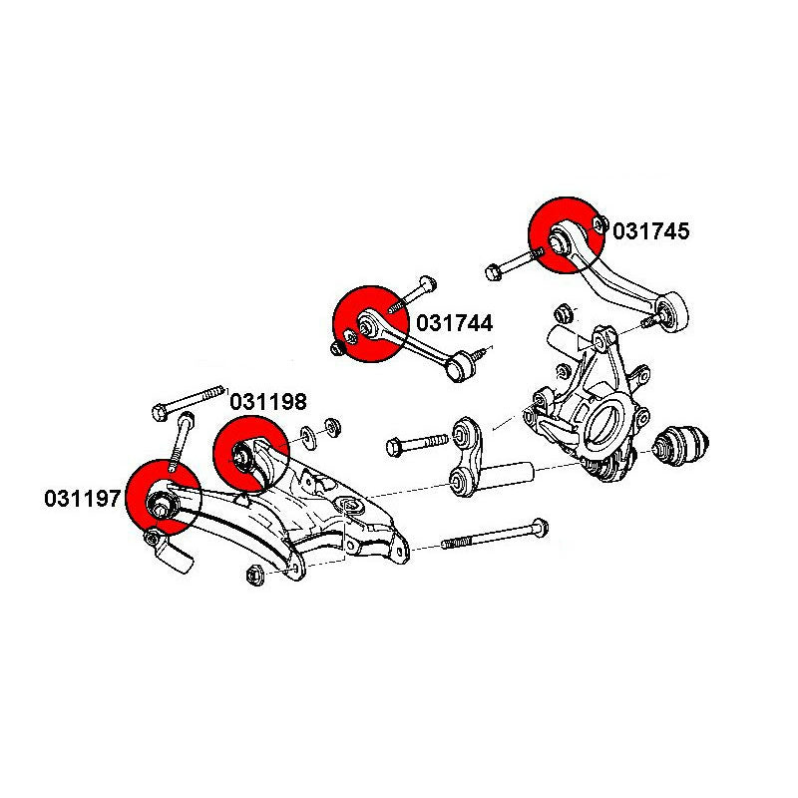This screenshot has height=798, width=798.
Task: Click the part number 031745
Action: (650, 231)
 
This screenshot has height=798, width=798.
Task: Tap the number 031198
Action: (268, 402)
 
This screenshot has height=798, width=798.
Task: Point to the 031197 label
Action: (82, 497)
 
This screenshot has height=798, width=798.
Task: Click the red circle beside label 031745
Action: (565, 235)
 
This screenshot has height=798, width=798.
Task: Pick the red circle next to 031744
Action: (369, 326)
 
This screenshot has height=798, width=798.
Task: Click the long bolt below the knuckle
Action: (495, 535)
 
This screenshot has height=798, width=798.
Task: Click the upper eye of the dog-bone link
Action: (464, 432)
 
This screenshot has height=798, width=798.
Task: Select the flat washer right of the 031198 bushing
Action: (309, 434)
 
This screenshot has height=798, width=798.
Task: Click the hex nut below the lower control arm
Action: (252, 574)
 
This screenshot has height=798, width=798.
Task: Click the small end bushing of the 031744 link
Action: (459, 366)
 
